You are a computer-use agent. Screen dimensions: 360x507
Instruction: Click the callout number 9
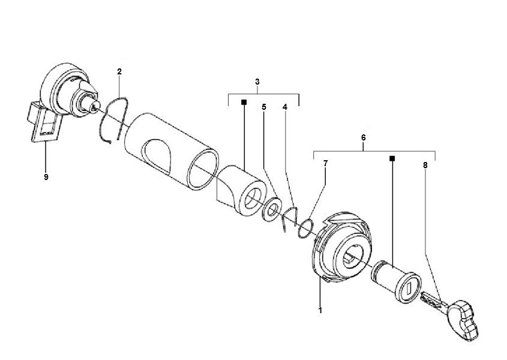[46, 178]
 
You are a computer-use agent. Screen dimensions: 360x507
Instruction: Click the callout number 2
[119, 72]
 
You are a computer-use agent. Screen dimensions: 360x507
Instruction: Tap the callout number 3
[257, 81]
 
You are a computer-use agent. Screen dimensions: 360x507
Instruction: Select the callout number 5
[263, 107]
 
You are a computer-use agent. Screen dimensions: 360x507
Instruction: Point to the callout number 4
[285, 107]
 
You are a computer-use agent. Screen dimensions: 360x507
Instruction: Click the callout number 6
[364, 137]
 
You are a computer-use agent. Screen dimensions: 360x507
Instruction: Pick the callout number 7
[325, 163]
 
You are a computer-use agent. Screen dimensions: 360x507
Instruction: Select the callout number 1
[320, 311]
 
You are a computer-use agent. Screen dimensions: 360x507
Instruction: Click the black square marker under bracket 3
[244, 103]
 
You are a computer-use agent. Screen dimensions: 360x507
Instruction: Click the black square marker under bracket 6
[392, 159]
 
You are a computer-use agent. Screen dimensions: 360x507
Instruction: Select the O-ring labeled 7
[305, 227]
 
